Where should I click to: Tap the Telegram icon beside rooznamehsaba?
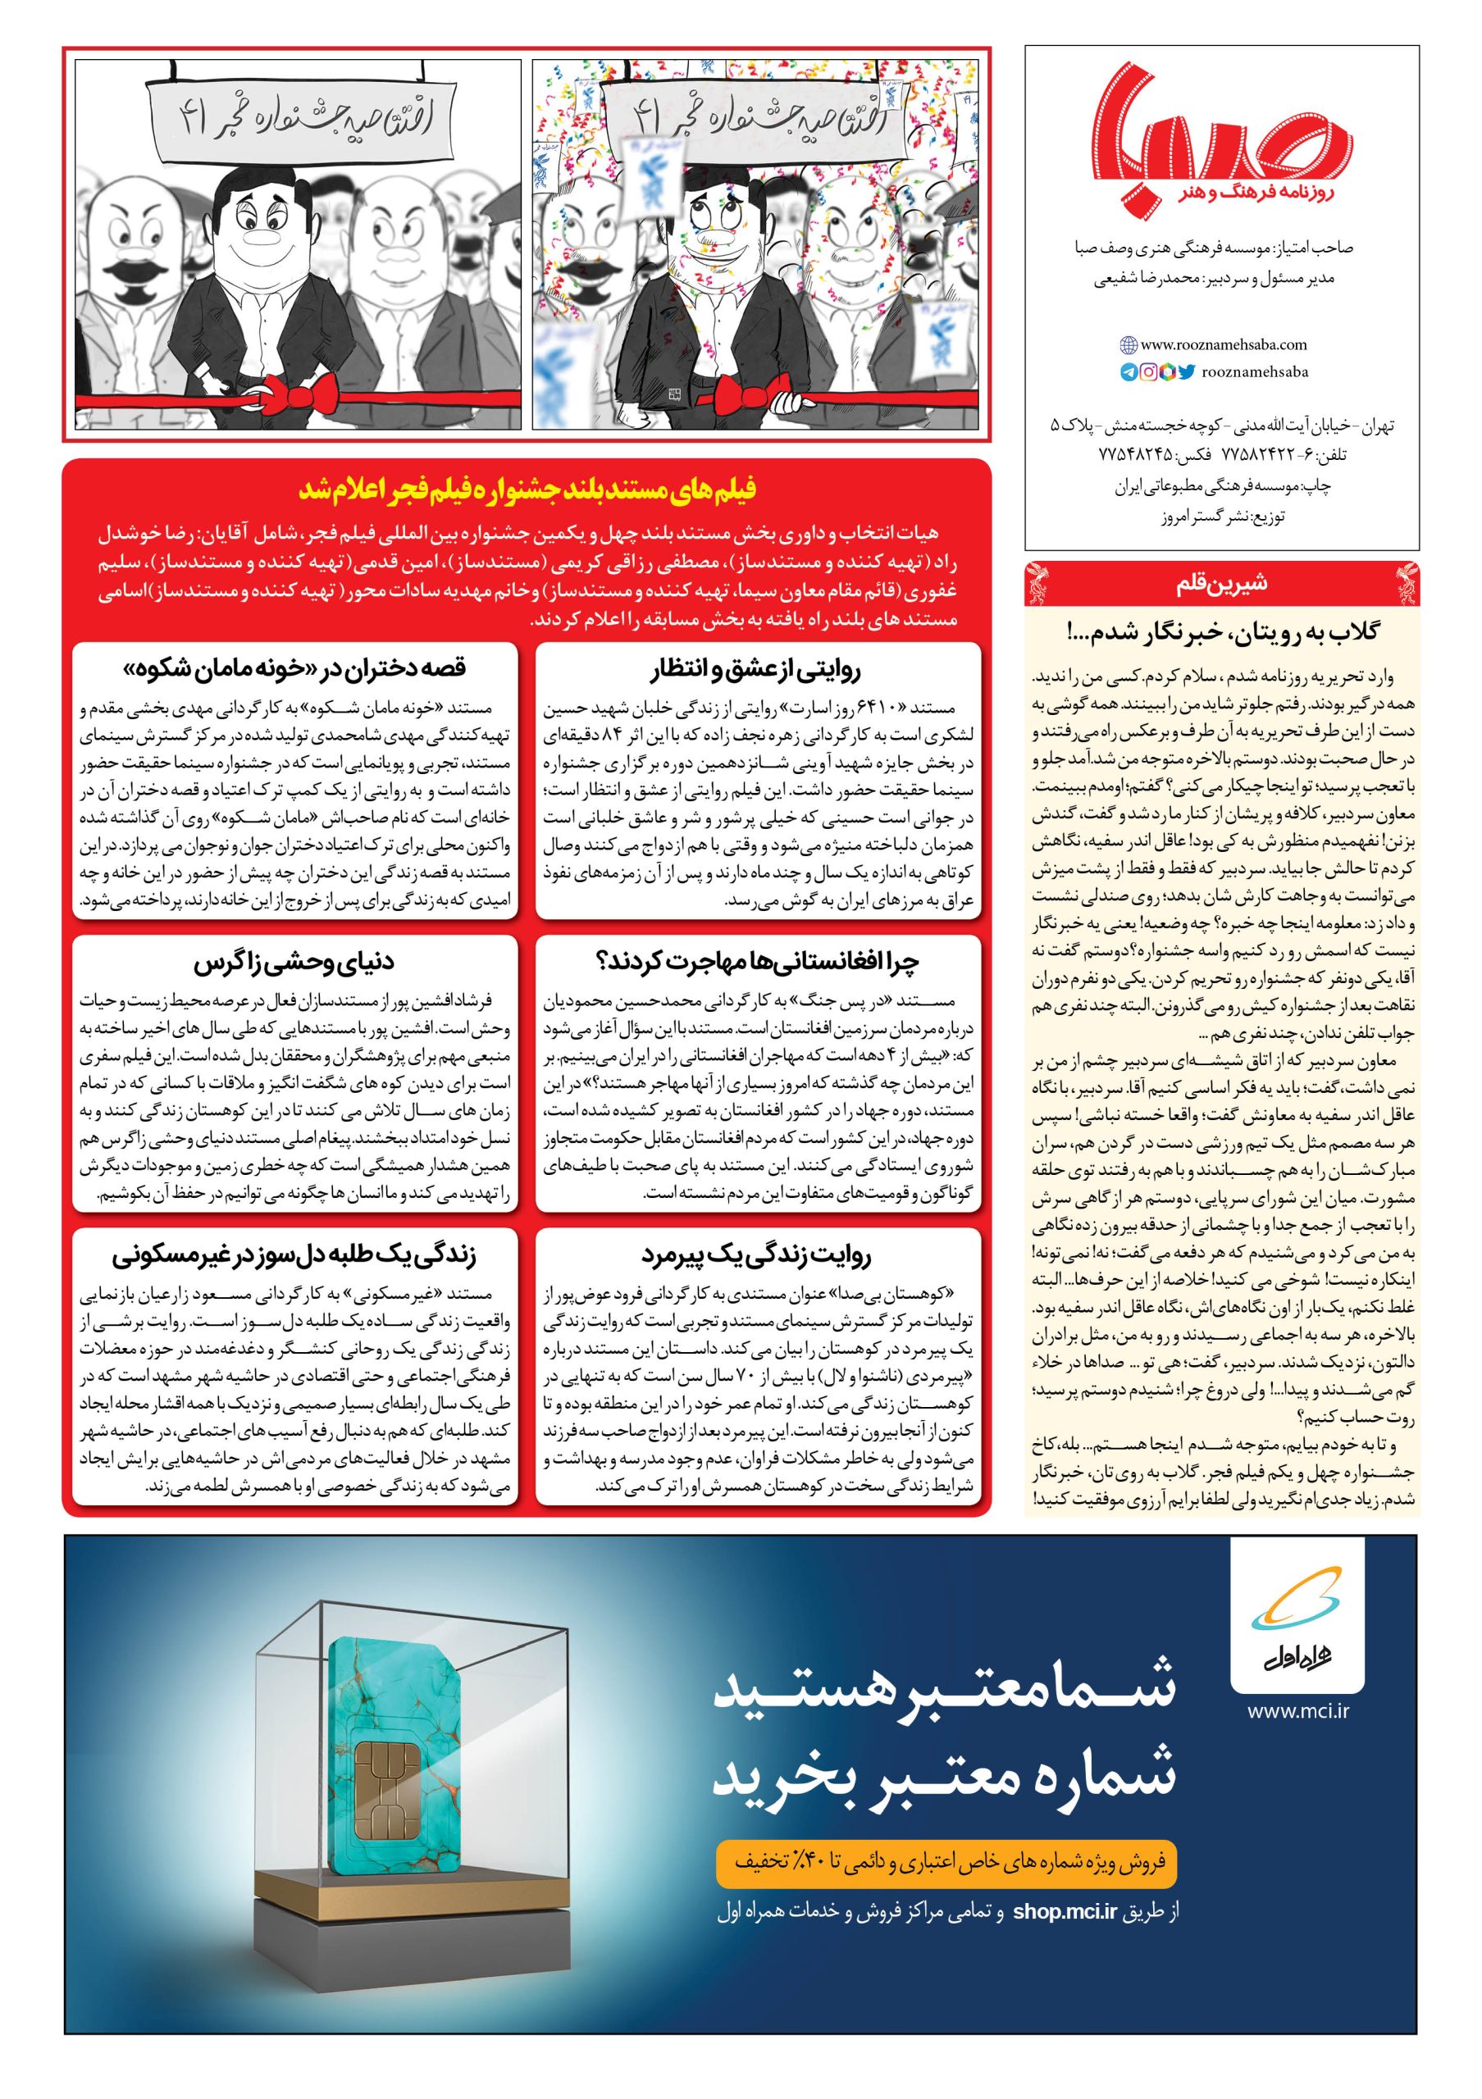1129,372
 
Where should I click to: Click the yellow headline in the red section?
527,490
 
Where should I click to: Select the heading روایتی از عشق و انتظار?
757,669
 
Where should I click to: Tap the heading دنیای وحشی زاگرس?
294,962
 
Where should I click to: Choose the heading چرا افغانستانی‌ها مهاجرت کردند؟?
757,962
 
